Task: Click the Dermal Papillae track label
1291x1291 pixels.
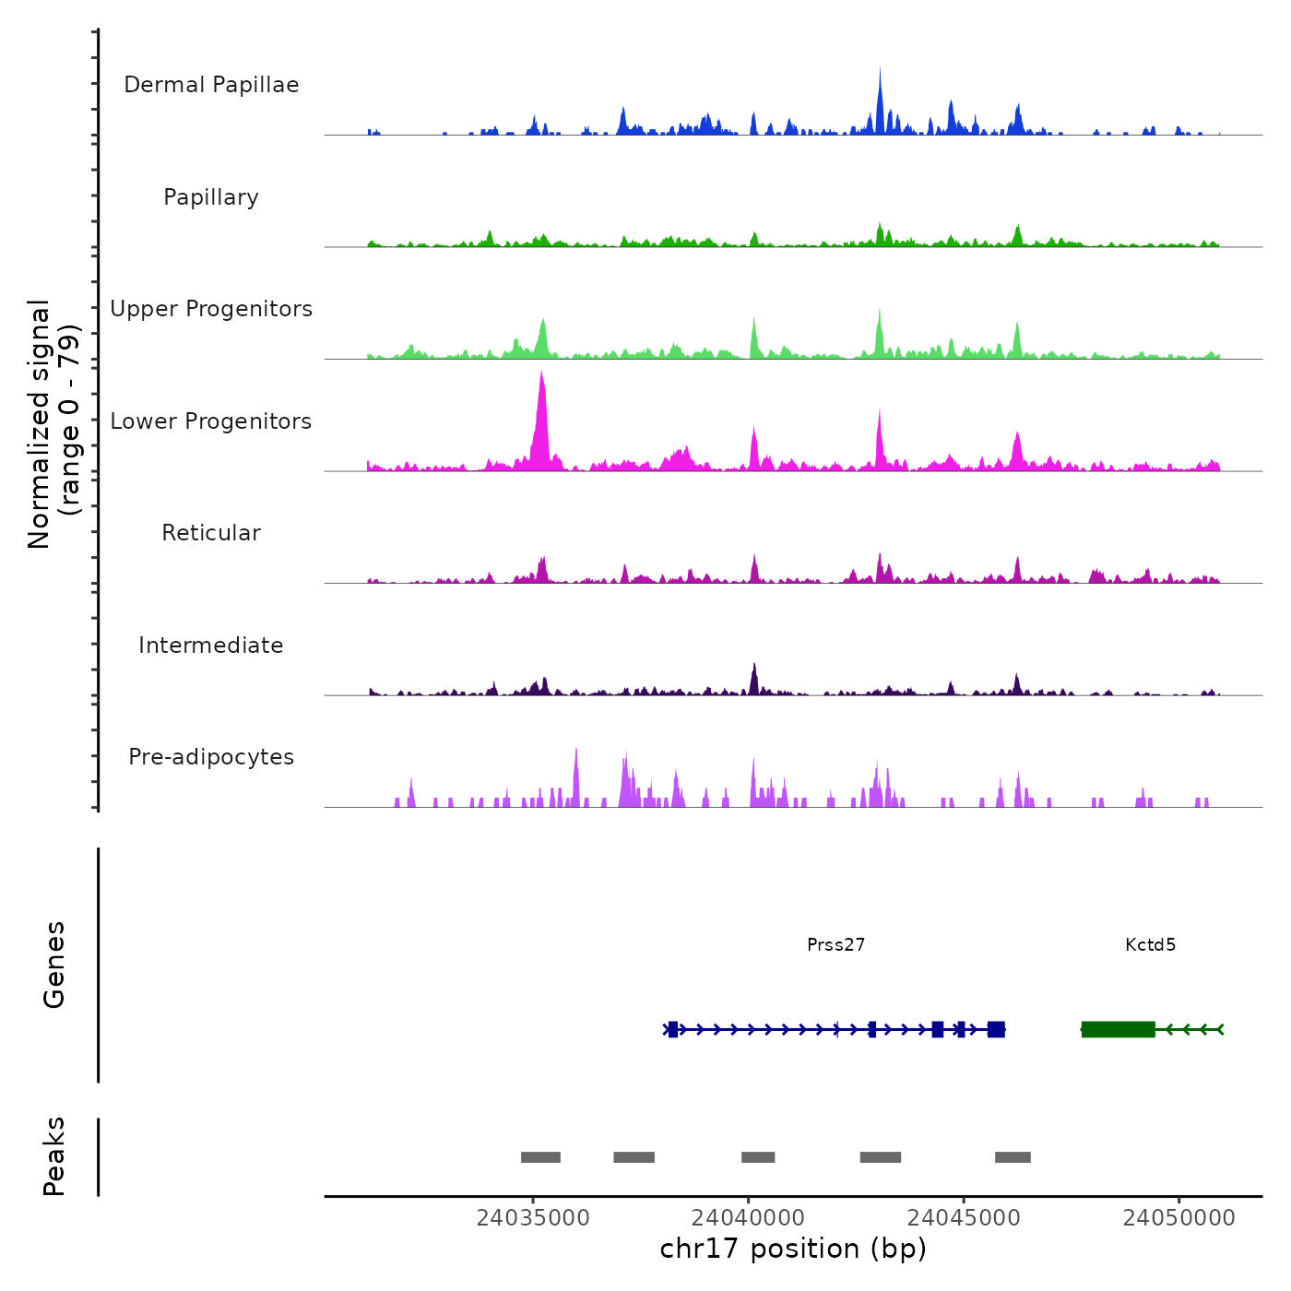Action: click(211, 85)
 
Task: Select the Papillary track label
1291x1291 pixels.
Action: click(211, 197)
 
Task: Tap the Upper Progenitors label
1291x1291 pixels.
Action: click(211, 309)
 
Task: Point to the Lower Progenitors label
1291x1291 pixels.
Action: click(211, 421)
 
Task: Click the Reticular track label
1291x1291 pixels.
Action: click(211, 533)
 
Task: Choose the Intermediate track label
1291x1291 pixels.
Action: click(211, 645)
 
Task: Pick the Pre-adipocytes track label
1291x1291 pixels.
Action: click(211, 757)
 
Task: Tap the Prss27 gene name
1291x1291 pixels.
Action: click(835, 944)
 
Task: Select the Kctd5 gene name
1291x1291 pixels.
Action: click(1150, 944)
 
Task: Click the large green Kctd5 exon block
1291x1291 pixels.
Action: click(1118, 1029)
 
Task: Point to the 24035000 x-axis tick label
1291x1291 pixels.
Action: click(533, 1217)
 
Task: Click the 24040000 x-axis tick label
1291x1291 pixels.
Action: click(748, 1217)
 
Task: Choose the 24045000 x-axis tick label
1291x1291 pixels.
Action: click(964, 1217)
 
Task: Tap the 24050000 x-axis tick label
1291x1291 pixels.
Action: click(1178, 1217)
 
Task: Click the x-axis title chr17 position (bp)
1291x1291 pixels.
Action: click(793, 1249)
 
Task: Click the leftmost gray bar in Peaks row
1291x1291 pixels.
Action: click(540, 1157)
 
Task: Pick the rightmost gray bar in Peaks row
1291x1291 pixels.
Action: click(1013, 1157)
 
